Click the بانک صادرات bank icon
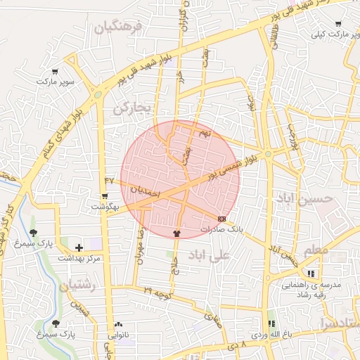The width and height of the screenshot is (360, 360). [x=222, y=219]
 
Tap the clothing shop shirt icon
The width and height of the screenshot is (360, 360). [x=176, y=233]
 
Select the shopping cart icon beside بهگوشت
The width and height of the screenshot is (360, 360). [x=105, y=196]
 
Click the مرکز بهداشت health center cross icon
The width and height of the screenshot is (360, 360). [x=79, y=247]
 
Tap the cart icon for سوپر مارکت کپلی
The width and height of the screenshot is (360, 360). [x=338, y=24]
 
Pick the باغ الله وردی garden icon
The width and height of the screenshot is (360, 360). [x=271, y=324]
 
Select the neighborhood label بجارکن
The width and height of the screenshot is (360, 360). [x=132, y=108]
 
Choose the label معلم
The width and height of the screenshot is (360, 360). [x=316, y=250]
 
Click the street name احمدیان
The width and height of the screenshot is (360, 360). [x=146, y=191]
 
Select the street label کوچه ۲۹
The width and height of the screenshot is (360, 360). [x=158, y=290]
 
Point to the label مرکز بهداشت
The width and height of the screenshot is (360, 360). [x=79, y=259]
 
